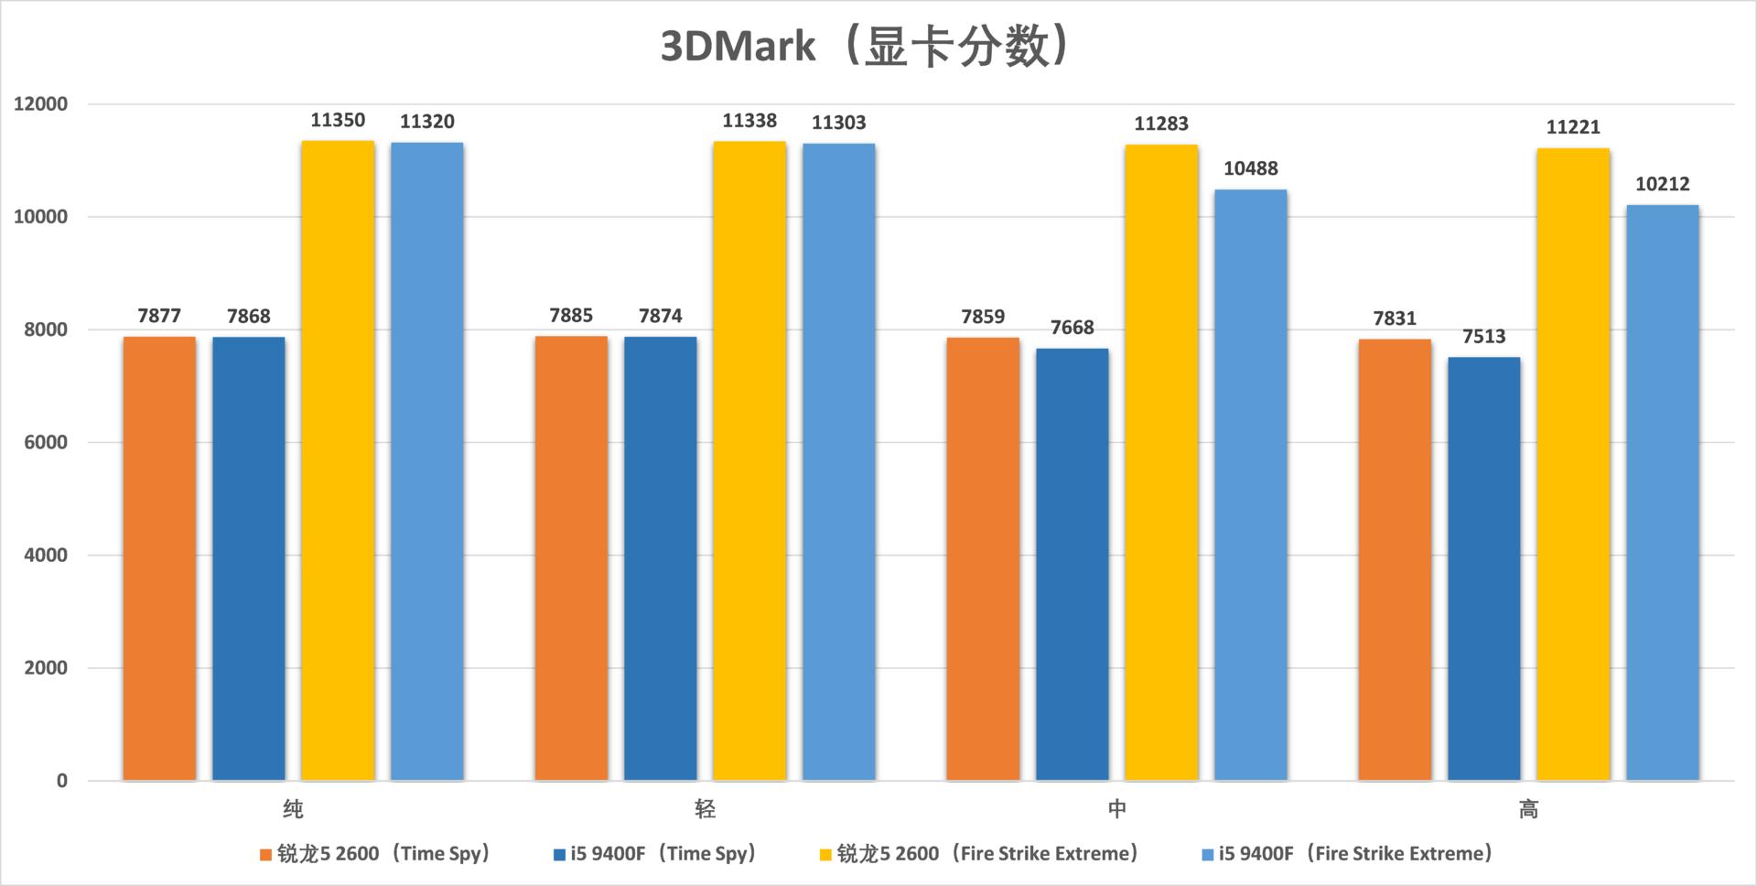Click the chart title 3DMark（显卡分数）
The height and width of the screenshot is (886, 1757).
(866, 46)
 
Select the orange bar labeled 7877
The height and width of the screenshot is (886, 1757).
(159, 558)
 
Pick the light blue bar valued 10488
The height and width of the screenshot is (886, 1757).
(1250, 485)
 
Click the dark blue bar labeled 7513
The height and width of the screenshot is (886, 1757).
(1483, 568)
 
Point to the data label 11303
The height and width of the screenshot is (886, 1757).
(838, 123)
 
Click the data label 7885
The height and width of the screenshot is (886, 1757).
(571, 316)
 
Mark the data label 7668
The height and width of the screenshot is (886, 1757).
(1072, 328)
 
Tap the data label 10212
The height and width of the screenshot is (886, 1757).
(1662, 184)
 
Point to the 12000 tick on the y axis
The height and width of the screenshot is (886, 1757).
(41, 104)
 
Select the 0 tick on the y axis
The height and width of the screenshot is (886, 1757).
(62, 781)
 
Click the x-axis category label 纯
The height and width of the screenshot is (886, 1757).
(293, 809)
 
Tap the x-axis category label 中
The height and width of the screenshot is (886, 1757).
(1116, 809)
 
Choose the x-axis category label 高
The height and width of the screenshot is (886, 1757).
(1528, 809)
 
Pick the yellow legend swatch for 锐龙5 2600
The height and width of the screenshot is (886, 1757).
(825, 855)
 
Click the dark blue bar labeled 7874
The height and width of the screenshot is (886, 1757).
(660, 558)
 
